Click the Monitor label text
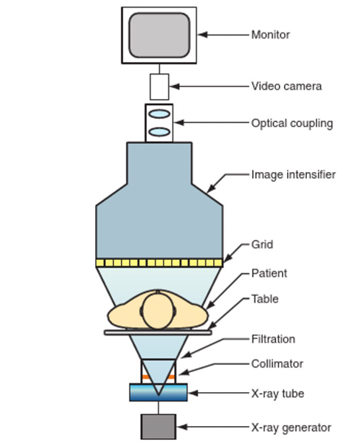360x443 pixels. point(270,34)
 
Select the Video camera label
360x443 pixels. point(286,86)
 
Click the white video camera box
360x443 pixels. point(159,86)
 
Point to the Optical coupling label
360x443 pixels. point(291,123)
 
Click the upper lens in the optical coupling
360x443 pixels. point(159,114)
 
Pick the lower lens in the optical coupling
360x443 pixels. point(159,131)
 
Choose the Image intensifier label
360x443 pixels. point(293,175)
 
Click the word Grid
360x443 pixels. point(263,244)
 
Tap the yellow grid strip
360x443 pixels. point(159,263)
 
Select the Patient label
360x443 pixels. point(269,273)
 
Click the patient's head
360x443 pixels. point(159,311)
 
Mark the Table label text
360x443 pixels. point(265,300)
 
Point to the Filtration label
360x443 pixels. point(273,339)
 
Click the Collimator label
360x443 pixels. point(277,363)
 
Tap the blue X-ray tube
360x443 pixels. point(159,392)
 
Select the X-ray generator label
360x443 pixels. point(291,427)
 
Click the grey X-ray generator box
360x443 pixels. point(159,427)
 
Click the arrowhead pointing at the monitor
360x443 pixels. point(203,34)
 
